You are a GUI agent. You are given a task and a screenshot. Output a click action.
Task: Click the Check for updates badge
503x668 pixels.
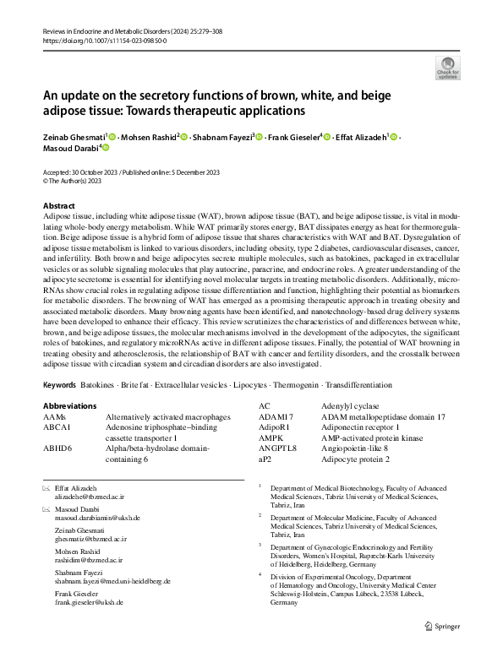pyautogui.click(x=447, y=68)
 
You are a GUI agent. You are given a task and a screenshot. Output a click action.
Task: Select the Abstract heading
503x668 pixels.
pyautogui.click(x=62, y=206)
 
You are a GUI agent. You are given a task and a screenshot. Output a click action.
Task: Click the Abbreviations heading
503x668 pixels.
pyautogui.click(x=74, y=406)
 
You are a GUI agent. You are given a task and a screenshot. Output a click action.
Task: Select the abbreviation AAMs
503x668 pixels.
pyautogui.click(x=55, y=417)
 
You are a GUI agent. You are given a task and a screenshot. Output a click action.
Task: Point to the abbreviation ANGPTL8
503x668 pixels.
pyautogui.click(x=277, y=449)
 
